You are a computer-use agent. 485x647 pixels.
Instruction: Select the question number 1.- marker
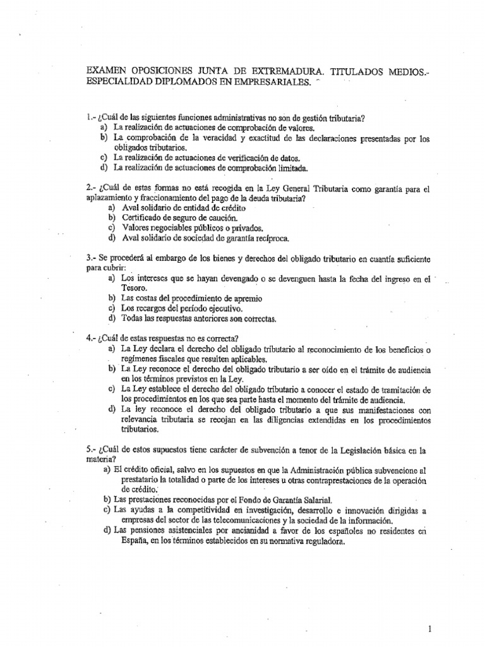90,118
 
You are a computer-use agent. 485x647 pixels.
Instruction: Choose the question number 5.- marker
90,450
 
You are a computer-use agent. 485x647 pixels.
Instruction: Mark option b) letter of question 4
112,368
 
